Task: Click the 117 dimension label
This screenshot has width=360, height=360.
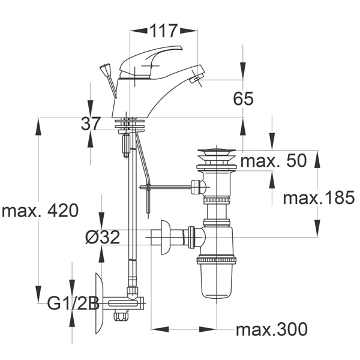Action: point(164,31)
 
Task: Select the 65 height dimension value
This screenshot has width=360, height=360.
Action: point(244,99)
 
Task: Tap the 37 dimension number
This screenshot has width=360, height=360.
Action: point(91,124)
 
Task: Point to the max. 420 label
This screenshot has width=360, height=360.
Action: point(40,211)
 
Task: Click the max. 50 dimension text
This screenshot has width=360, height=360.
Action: point(274,160)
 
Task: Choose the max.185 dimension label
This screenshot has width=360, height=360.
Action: point(319,198)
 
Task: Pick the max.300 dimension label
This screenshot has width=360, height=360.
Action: point(272,329)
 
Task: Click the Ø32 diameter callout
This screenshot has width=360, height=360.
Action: point(103,237)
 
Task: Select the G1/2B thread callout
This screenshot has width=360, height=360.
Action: point(73,303)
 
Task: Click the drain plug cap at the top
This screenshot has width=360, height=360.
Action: point(217,152)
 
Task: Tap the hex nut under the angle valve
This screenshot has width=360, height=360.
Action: point(121,316)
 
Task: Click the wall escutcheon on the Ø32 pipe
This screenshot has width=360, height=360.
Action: point(166,238)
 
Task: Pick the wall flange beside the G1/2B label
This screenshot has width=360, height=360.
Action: point(99,303)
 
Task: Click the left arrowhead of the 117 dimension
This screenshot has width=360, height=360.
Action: point(139,31)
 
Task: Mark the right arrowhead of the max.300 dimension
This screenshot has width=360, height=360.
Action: point(208,329)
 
